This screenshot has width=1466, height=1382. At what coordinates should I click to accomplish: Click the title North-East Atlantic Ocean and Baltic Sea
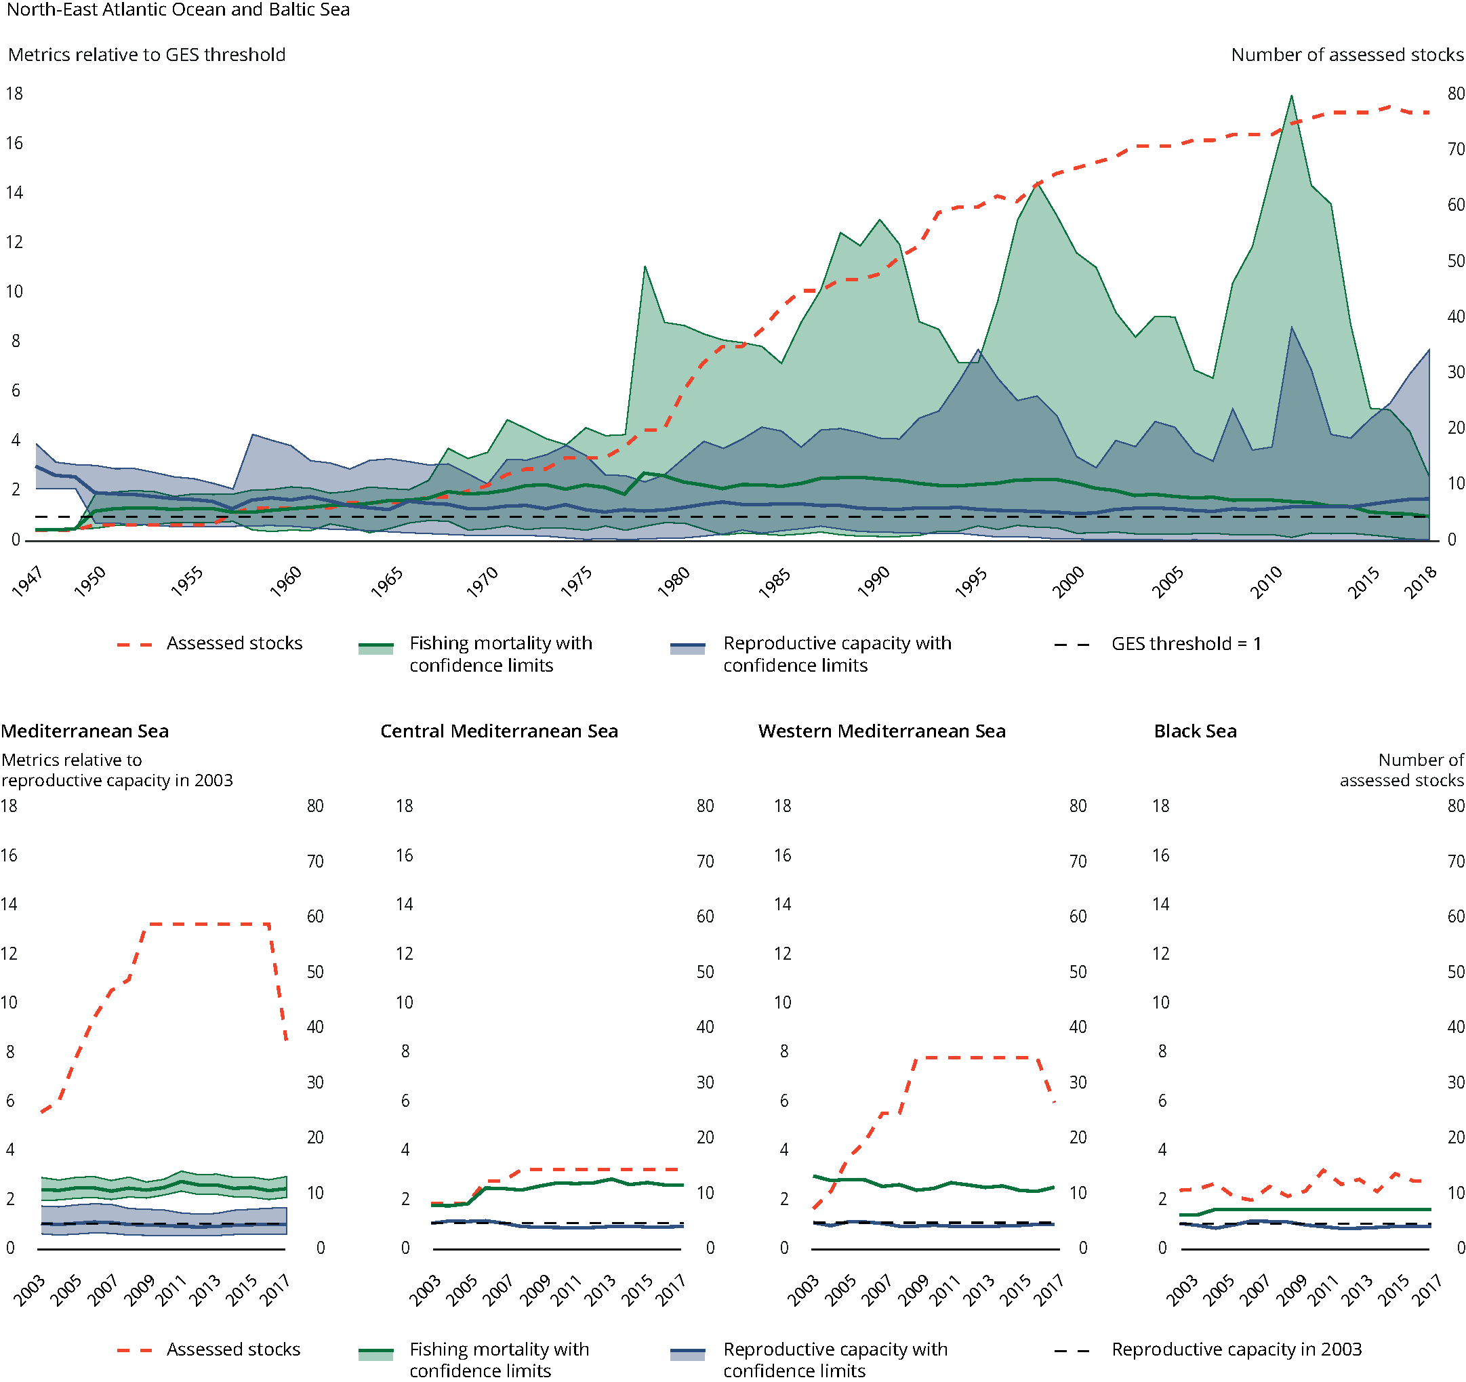pyautogui.click(x=178, y=9)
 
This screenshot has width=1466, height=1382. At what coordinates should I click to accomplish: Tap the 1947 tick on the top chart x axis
pyautogui.click(x=28, y=582)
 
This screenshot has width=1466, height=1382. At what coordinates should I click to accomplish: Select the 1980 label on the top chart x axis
pyautogui.click(x=674, y=582)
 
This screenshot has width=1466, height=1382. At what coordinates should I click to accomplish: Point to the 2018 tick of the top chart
pyautogui.click(x=1421, y=582)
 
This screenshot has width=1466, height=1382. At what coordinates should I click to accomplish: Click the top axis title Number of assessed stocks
pyautogui.click(x=1347, y=55)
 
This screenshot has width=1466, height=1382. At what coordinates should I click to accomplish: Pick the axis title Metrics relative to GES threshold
pyautogui.click(x=147, y=55)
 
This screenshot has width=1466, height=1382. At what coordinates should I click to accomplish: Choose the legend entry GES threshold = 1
pyautogui.click(x=1186, y=644)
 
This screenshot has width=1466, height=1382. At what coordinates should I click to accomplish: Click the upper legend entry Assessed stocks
pyautogui.click(x=234, y=643)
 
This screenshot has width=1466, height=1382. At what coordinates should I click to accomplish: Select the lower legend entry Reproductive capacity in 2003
pyautogui.click(x=1236, y=1349)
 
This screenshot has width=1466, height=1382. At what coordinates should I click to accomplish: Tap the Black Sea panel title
pyautogui.click(x=1195, y=731)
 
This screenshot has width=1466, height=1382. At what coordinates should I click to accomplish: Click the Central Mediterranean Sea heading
pyautogui.click(x=499, y=731)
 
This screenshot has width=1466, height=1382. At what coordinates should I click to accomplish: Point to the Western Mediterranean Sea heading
pyautogui.click(x=881, y=731)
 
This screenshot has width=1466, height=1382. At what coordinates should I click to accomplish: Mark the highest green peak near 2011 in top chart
pyautogui.click(x=1291, y=96)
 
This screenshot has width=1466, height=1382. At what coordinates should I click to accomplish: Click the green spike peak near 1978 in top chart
pyautogui.click(x=645, y=266)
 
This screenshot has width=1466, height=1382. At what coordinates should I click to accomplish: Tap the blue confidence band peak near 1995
pyautogui.click(x=979, y=350)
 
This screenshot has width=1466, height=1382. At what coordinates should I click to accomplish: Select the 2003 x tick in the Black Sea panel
pyautogui.click(x=1181, y=1290)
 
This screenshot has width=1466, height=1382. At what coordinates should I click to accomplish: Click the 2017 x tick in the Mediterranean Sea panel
pyautogui.click(x=276, y=1290)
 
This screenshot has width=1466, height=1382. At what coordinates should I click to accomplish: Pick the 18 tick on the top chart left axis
pyautogui.click(x=14, y=94)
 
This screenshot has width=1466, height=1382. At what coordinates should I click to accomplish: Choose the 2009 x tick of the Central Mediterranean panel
pyautogui.click(x=535, y=1290)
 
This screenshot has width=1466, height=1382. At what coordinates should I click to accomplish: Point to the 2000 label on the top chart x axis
pyautogui.click(x=1067, y=582)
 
